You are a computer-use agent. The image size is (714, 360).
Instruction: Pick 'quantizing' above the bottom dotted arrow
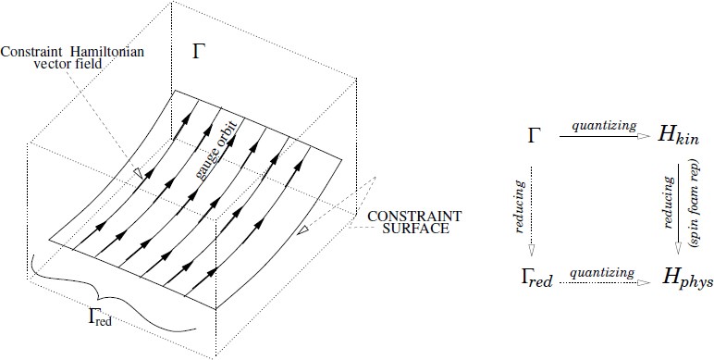click(x=602, y=272)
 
